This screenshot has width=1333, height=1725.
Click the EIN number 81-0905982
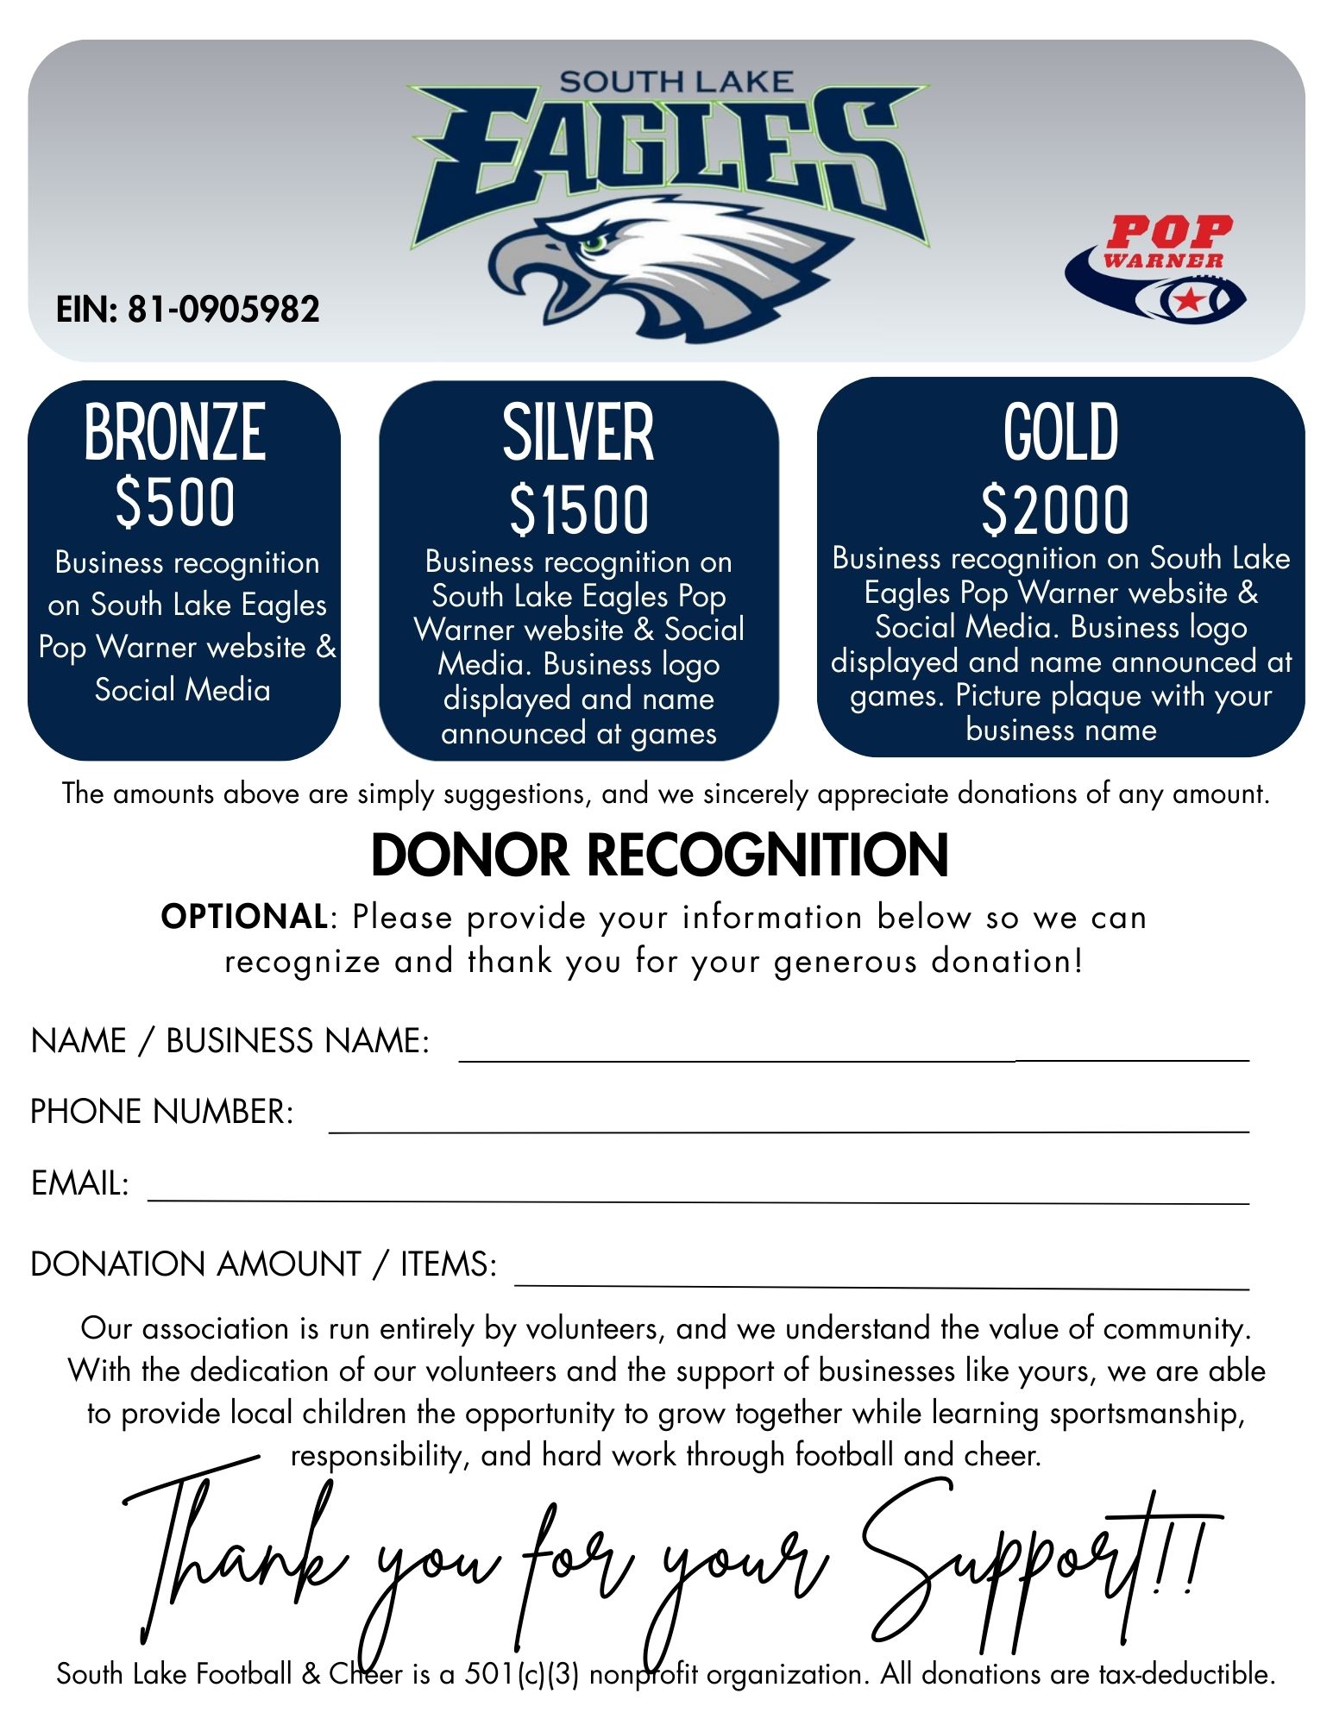[x=223, y=310]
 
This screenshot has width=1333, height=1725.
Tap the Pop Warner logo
[x=1157, y=268]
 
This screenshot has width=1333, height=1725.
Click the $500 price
[x=175, y=503]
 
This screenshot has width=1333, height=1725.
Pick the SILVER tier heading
[x=578, y=433]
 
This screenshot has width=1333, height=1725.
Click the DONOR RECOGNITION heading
[x=660, y=856]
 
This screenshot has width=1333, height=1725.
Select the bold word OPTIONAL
[x=243, y=917]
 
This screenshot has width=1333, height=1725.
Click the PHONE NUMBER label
[x=161, y=1112]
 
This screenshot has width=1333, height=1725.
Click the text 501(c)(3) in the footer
[x=521, y=1674]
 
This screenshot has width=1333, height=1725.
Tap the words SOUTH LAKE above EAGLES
[x=675, y=82]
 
